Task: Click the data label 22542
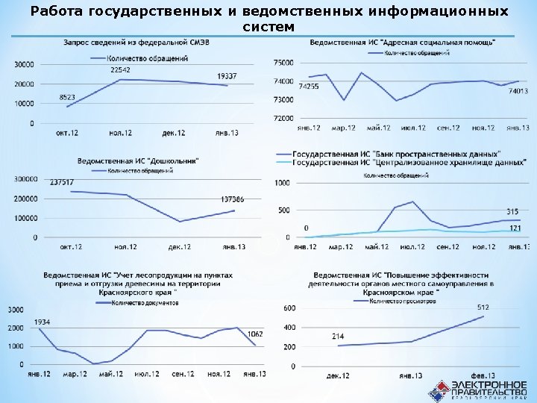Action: tap(121, 69)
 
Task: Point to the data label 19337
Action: tap(227, 76)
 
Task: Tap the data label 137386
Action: tap(233, 199)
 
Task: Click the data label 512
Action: tap(483, 307)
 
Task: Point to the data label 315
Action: tap(512, 212)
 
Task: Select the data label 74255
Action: tap(310, 87)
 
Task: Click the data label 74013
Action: tap(518, 91)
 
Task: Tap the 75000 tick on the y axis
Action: tap(285, 63)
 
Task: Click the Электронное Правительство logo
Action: tap(477, 388)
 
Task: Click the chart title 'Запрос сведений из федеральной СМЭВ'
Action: tap(136, 43)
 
